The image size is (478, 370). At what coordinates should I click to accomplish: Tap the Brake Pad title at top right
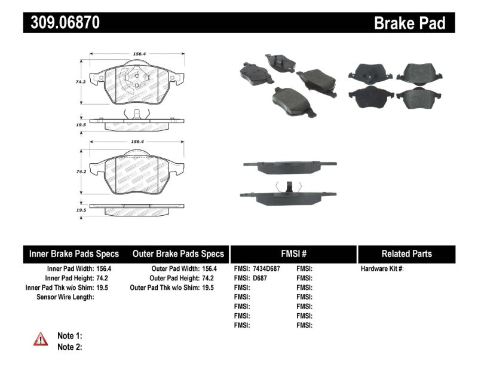pos(409,23)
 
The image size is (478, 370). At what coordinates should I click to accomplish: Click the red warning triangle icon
pos(41,340)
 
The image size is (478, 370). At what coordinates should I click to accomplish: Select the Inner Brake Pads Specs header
pos(74,253)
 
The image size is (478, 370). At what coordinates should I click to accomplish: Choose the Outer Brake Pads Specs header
pos(177,253)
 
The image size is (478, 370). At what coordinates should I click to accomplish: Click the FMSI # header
pos(293,253)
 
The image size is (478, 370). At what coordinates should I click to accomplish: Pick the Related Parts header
pos(406,253)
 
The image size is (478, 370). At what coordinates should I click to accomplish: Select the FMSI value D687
pos(259,278)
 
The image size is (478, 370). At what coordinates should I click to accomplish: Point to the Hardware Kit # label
pos(382,269)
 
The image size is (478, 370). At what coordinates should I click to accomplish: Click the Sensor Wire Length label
pos(65,297)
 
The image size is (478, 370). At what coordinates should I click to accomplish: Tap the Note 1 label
pos(69,336)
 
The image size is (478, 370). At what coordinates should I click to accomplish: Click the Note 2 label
pos(69,347)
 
